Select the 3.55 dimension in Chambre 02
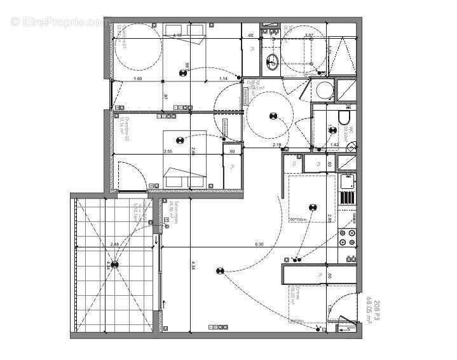point(168,152)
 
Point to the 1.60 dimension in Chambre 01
point(138,78)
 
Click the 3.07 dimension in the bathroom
point(309,36)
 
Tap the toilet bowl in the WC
point(344,119)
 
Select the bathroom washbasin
point(273,62)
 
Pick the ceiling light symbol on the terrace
point(114,265)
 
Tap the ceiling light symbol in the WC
point(331,130)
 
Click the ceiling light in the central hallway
point(273,116)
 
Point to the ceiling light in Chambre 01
point(182,74)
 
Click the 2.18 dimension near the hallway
point(277,146)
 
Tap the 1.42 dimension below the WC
point(334,146)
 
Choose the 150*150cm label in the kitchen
point(299,220)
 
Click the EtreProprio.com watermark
point(60,22)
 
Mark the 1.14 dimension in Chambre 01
point(223,78)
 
